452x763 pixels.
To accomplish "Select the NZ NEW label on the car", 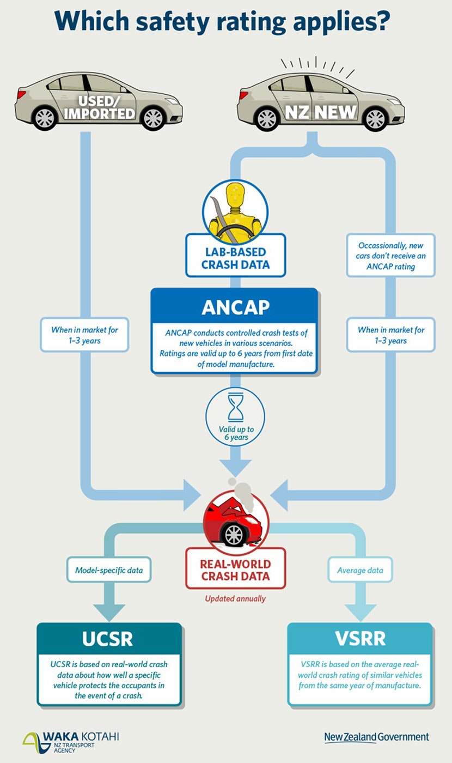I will pos(322,112).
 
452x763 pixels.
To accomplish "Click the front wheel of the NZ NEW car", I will pos(375,119).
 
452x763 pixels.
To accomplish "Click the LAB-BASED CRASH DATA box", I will pos(235,258).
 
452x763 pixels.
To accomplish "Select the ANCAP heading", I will pos(235,307).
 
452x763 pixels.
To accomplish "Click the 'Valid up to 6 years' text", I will pos(235,433).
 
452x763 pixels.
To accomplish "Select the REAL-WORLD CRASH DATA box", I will pos(235,570).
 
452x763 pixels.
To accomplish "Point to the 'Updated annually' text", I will pos(235,598).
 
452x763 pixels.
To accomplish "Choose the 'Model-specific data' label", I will pos(109,570).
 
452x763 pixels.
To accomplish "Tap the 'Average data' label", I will pos(360,570).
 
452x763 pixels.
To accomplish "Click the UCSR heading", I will pos(108,639).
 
